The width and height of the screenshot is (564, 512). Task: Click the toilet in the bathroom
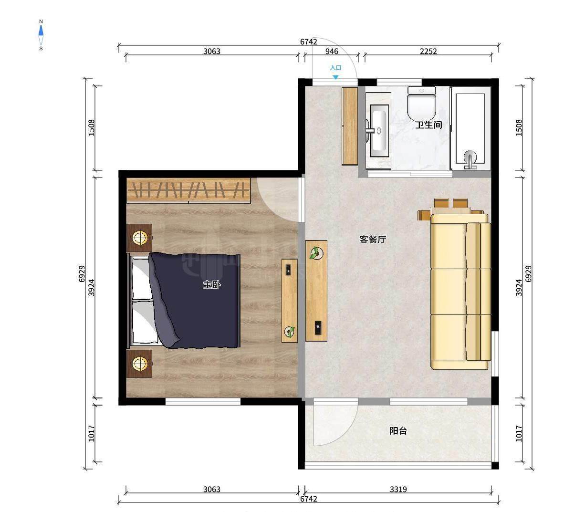(x=421, y=102)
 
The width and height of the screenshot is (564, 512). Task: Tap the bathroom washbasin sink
(x=378, y=131)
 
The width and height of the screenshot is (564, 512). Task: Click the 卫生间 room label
(x=428, y=125)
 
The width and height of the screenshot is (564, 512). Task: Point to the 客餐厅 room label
(x=373, y=239)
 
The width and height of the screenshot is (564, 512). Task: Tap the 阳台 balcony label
(x=398, y=431)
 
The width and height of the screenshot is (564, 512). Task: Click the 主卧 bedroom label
(x=211, y=285)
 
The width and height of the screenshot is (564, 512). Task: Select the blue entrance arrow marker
(x=335, y=77)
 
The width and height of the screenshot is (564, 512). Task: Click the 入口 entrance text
(x=335, y=68)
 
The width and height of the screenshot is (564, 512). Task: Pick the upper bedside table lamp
(x=140, y=238)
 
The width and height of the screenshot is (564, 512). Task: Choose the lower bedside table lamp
(x=140, y=364)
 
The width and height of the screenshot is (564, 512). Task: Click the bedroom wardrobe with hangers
(x=188, y=191)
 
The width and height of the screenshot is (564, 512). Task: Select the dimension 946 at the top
(x=332, y=52)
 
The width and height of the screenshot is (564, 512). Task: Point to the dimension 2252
(x=428, y=52)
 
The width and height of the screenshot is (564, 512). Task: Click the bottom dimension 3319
(x=398, y=489)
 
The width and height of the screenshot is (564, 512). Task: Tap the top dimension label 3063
(x=211, y=52)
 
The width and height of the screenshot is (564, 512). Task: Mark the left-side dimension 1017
(x=92, y=433)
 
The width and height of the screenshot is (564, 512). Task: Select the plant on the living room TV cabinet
(x=316, y=253)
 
